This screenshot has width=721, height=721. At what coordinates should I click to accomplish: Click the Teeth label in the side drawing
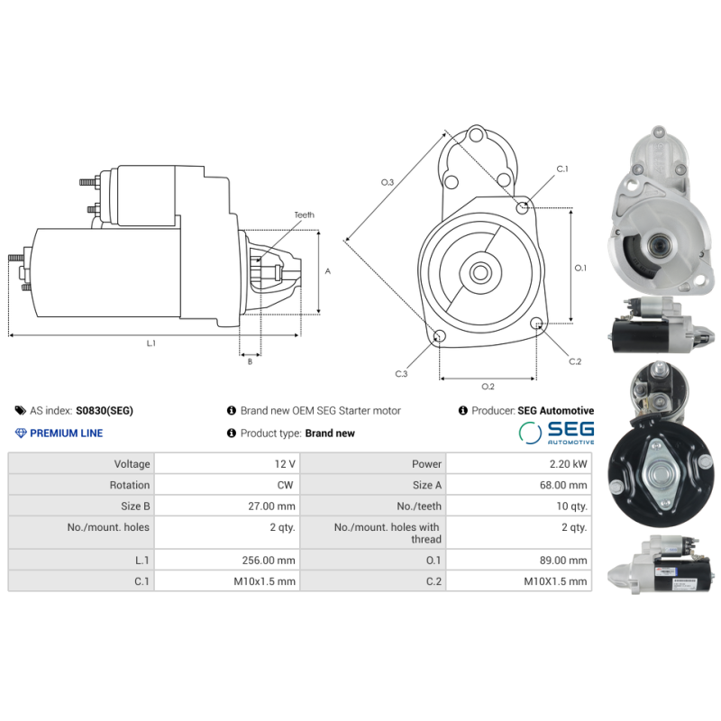coord(304,215)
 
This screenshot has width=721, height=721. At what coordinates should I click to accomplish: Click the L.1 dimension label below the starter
coord(151,343)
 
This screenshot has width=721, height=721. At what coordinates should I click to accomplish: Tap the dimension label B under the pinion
coord(250,361)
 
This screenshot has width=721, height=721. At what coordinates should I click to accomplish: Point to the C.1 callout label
coord(562,169)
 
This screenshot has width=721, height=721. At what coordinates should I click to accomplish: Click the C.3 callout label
coord(401,373)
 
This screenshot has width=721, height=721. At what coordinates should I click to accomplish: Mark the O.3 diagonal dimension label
coord(388,183)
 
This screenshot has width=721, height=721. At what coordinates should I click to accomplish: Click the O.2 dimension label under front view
coord(488,387)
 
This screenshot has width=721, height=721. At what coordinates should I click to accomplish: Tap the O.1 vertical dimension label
coord(580,268)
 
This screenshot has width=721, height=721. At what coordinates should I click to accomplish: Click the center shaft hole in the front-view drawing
coord(479,271)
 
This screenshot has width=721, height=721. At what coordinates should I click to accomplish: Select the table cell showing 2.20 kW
coord(518,463)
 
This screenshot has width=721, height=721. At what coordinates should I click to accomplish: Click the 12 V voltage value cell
coord(227,463)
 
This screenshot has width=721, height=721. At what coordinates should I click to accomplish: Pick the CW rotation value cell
coord(227,485)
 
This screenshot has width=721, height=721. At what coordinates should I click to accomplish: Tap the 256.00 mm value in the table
coord(227,560)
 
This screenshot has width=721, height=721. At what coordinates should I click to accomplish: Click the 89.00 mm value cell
coord(518,560)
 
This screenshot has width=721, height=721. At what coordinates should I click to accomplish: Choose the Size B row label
coord(81,507)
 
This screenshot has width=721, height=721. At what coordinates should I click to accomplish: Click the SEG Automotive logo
coord(556,434)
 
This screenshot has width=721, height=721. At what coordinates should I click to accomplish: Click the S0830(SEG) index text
coord(105,410)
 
